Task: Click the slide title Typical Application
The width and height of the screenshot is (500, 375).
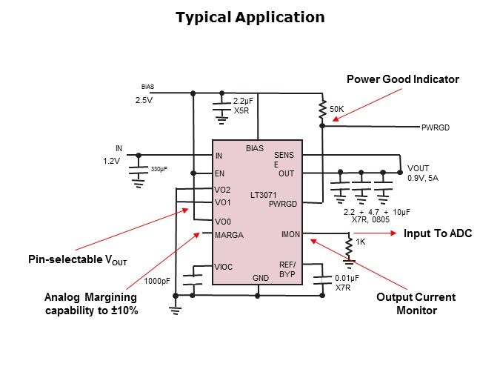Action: [250, 17]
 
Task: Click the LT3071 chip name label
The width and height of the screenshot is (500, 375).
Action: [262, 195]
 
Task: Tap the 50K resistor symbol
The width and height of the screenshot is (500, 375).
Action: [322, 110]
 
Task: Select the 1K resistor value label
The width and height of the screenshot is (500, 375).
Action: [361, 242]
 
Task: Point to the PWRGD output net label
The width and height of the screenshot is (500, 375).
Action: [436, 127]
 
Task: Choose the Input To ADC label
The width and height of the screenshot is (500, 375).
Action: [437, 233]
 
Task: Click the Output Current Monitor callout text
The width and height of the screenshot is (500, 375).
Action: [416, 304]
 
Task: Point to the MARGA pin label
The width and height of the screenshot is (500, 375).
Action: [229, 236]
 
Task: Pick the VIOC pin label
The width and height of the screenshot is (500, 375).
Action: [224, 267]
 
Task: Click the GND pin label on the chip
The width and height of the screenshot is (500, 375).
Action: [261, 278]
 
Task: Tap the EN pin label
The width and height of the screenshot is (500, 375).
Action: [219, 174]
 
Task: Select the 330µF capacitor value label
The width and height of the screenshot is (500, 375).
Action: [159, 169]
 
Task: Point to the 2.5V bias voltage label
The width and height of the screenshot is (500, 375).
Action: [143, 99]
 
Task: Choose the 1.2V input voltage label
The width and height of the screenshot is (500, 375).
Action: [111, 160]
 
